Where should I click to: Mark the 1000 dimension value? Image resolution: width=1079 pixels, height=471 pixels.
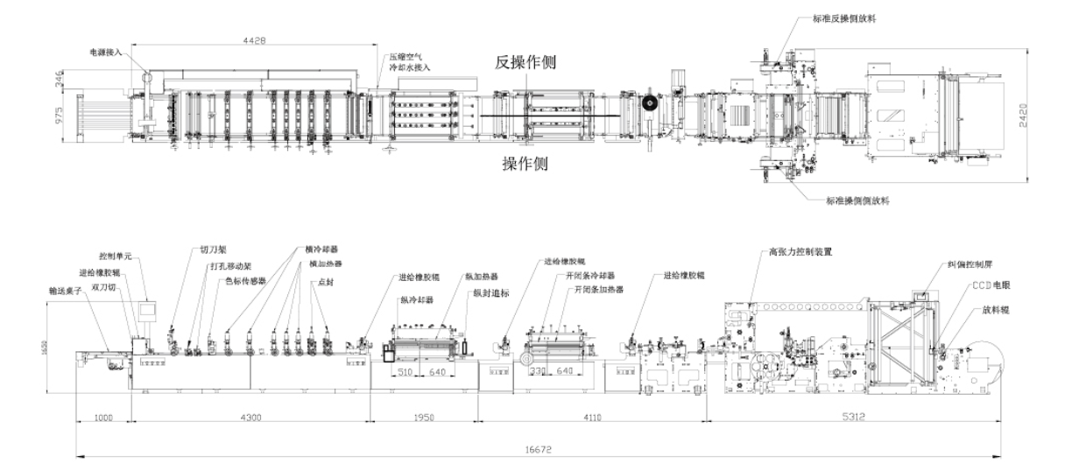tap(102, 418)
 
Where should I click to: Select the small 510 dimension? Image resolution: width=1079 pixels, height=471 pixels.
tap(405, 370)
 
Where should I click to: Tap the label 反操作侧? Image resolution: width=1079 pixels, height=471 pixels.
tap(525, 63)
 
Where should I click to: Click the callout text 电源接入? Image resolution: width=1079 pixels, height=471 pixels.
tap(107, 52)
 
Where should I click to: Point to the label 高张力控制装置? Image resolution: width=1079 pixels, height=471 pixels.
tap(800, 250)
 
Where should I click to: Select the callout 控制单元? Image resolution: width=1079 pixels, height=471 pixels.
tap(114, 257)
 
